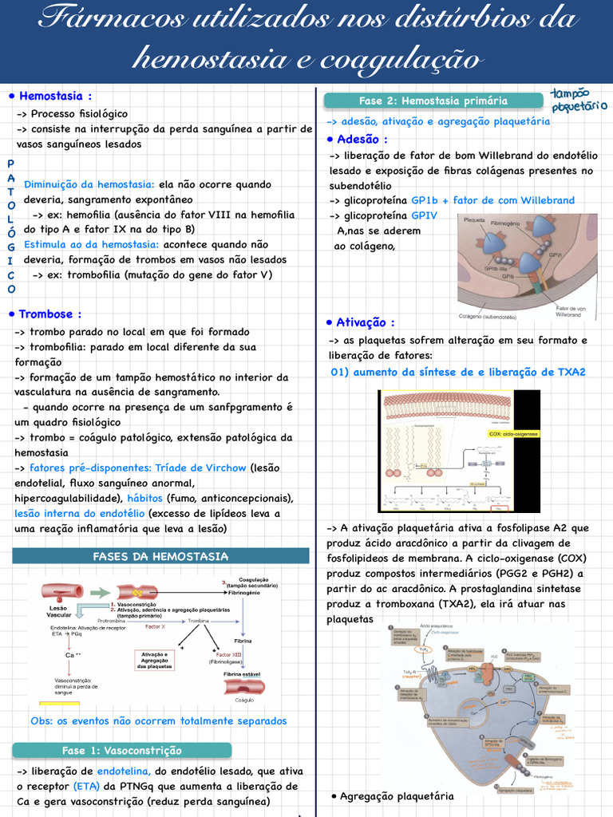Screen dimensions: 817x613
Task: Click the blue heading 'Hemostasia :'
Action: coord(55,96)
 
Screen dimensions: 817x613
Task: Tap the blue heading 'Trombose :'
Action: coord(49,314)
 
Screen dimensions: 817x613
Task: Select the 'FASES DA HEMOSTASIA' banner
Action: coord(160,556)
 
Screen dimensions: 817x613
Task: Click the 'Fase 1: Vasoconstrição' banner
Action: coord(121,750)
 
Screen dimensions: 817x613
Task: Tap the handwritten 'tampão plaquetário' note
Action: coord(579,100)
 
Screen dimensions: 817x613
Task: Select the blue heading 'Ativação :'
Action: coord(365,322)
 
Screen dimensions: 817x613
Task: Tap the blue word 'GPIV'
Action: coord(424,215)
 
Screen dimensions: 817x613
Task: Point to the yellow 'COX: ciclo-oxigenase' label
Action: coord(513,434)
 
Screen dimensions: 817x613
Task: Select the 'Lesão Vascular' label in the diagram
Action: coord(59,611)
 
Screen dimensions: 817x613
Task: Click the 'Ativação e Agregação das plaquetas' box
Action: coord(153,660)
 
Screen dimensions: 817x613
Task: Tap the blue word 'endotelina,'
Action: coord(124,772)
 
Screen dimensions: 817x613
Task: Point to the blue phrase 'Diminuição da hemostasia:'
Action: coord(89,184)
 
